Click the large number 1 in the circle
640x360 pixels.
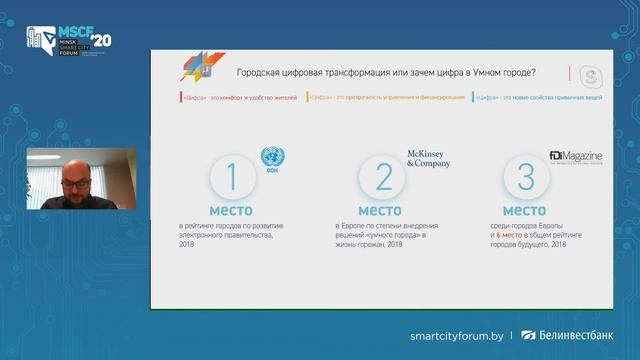[231, 177]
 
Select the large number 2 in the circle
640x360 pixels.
[384, 177]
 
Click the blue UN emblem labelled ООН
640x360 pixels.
[272, 159]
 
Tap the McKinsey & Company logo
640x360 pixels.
[428, 158]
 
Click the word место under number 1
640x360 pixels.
[231, 211]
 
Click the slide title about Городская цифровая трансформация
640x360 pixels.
[384, 72]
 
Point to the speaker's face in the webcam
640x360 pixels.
[74, 183]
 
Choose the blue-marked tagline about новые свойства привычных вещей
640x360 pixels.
[529, 97]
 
